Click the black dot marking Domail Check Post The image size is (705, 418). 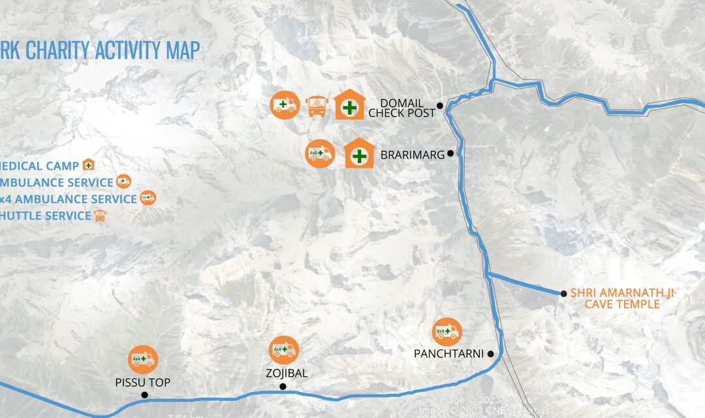pos(440,105)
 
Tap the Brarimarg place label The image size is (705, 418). pos(413,155)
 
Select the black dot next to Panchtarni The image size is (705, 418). pos(490,354)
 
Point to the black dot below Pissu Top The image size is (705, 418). pos(144,394)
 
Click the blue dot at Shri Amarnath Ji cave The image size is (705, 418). pos(563,293)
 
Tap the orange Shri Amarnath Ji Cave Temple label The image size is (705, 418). pos(621,298)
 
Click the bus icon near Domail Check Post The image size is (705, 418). pos(317,105)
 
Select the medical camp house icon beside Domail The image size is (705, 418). pos(350,105)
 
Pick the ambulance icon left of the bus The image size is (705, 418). pos(285,105)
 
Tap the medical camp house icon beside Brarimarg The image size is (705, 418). pos(359,155)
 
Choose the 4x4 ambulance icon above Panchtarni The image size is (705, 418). pos(447,332)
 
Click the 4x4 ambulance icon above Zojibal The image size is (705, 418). pos(284,350)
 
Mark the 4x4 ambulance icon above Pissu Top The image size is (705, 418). pos(143,359)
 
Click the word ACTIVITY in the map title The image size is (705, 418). pos(126,50)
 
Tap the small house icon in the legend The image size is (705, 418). pos(88,165)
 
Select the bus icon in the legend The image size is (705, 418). pos(100,216)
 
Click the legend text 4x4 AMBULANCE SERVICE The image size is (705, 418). pos(68,199)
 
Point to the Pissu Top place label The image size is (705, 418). pos(143,383)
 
